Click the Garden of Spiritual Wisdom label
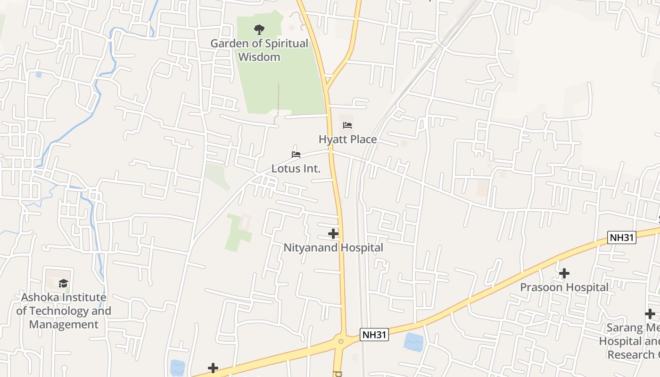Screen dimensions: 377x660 259,50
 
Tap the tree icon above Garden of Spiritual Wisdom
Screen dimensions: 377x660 259,30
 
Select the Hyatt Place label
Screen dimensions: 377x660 347,139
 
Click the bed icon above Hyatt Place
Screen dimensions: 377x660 347,125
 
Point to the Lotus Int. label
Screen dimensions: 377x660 296,168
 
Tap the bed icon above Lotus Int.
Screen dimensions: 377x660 296,155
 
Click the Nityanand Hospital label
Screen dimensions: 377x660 333,247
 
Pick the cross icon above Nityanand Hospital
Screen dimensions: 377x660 333,234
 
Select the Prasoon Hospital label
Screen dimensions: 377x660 564,287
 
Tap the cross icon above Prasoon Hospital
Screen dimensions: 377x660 564,273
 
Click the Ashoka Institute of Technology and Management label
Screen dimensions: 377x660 64,311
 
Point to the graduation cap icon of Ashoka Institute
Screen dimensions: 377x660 64,283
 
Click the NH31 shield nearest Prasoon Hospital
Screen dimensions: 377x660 622,238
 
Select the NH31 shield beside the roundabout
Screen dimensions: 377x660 374,335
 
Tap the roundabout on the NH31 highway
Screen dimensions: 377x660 340,340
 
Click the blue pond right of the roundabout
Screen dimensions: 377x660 413,342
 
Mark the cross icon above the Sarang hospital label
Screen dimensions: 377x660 650,314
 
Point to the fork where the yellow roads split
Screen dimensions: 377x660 327,88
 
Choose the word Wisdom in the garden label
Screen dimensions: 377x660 259,57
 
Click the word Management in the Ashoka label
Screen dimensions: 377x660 64,325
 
